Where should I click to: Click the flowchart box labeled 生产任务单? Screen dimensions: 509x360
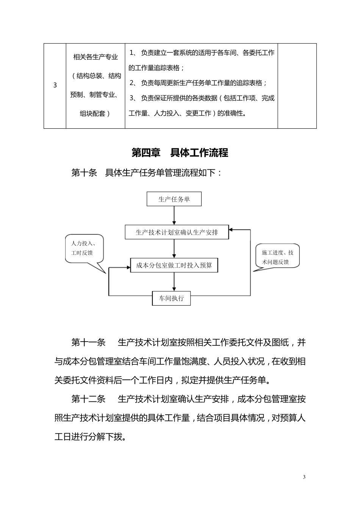[174, 199]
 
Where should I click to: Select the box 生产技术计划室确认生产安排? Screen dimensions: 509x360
[177, 232]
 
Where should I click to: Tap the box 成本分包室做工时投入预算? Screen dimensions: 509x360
[174, 265]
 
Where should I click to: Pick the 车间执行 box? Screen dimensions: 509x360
[171, 298]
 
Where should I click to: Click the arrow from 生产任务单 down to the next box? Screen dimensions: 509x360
[174, 215]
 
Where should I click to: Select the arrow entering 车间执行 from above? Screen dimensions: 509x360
[174, 282]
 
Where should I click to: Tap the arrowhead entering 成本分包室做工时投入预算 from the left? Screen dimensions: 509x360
[127, 267]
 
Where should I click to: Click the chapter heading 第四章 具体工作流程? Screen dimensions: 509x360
[180, 153]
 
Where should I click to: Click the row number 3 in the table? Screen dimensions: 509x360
[55, 85]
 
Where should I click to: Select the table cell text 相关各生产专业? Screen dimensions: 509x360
[95, 58]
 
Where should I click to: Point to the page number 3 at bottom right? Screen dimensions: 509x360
[304, 477]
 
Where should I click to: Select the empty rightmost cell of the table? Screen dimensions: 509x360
[297, 86]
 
